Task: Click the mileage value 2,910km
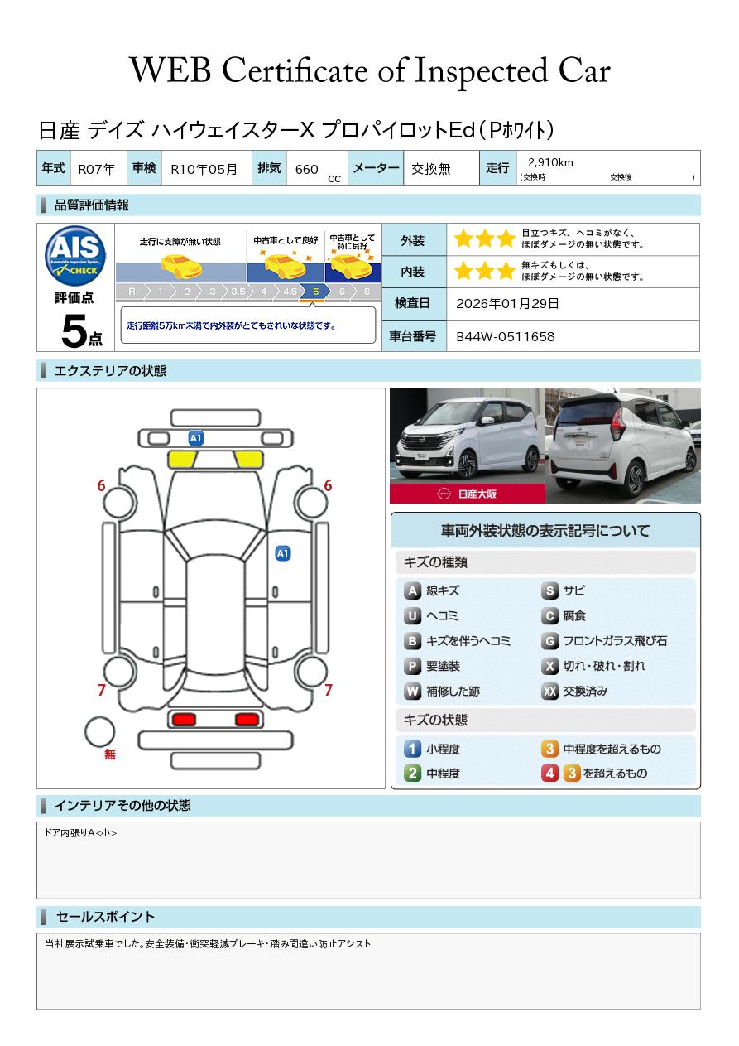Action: (x=550, y=162)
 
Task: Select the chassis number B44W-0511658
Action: (x=506, y=337)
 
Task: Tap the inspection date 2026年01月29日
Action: (x=507, y=303)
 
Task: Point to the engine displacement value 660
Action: (x=306, y=169)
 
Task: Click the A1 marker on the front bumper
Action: (x=196, y=438)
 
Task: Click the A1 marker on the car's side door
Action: (x=283, y=553)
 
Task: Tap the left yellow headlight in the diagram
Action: (x=182, y=460)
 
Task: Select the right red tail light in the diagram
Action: (x=247, y=719)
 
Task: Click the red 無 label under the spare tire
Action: (x=110, y=754)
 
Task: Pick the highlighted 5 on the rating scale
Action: (x=316, y=292)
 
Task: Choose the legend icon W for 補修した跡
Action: (x=412, y=691)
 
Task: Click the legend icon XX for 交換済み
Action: (x=549, y=691)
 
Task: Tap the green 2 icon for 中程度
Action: (x=412, y=774)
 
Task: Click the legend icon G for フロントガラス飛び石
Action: (x=549, y=641)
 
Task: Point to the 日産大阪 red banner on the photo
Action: (x=468, y=494)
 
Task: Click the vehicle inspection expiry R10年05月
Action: (x=204, y=169)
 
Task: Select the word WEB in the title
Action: (x=170, y=70)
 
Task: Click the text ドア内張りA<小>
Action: (x=80, y=832)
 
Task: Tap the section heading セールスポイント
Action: (x=105, y=917)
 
